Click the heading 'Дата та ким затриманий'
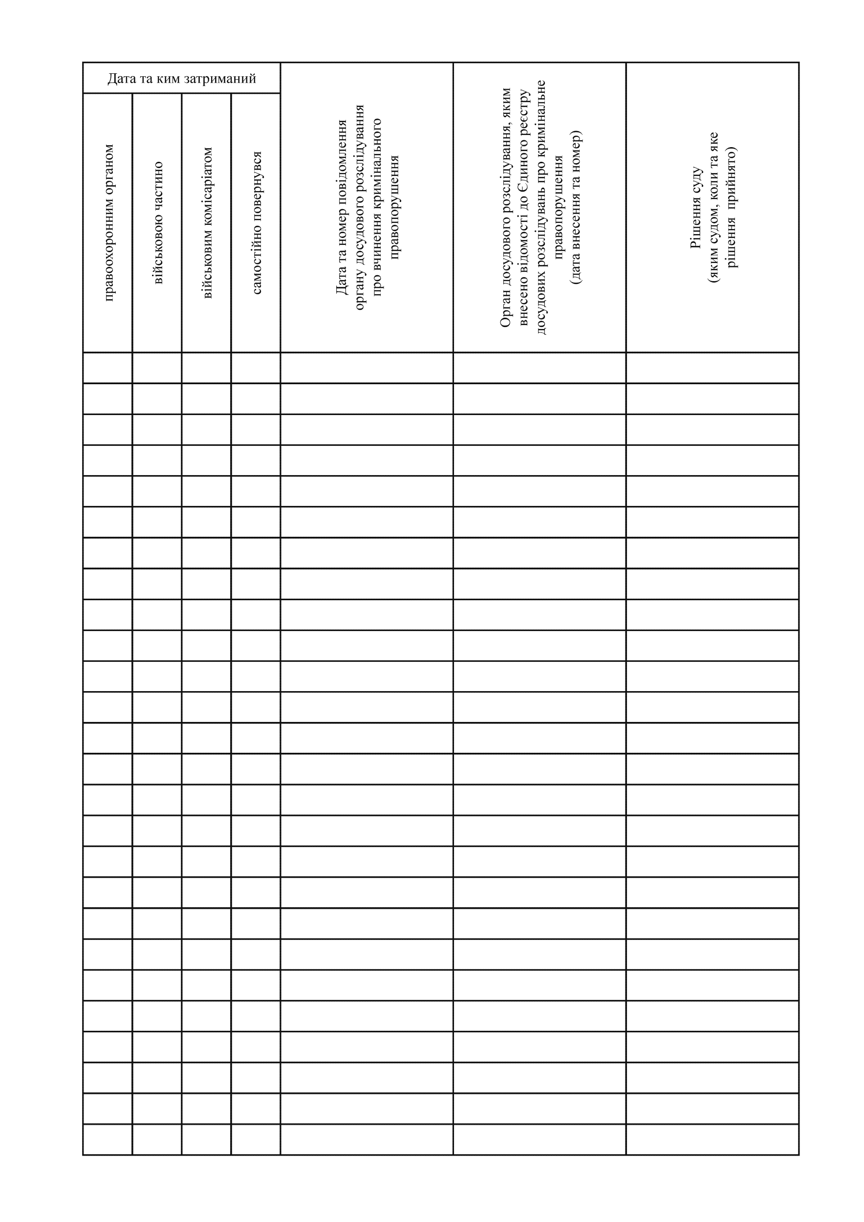181,79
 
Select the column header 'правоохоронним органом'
108,222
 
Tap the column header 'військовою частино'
158,222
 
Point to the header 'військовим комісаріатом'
208,222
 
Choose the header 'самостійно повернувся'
257,222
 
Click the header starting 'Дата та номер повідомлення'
367,208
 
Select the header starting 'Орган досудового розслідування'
540,208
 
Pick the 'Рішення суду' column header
713,208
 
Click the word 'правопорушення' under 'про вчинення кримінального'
395,208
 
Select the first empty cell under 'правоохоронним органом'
108,368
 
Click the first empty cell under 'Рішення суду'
713,368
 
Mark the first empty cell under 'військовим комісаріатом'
206,368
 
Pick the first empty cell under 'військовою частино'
157,368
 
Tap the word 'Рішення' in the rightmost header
696,223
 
